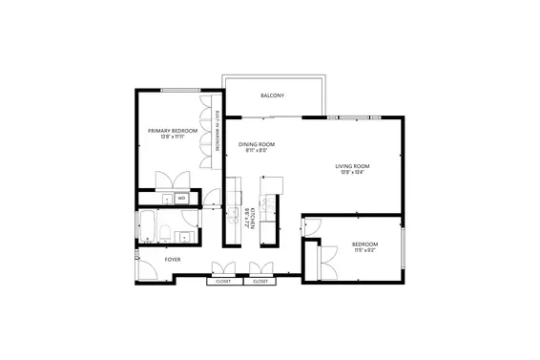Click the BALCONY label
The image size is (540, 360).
273,95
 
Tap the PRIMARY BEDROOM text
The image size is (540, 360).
173,130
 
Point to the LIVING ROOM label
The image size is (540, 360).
352,166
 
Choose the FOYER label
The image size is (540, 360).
173,259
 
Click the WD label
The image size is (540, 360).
180,199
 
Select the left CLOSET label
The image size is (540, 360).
223,282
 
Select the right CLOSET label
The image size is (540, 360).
260,282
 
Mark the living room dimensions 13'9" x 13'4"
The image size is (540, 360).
352,173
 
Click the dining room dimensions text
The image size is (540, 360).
257,150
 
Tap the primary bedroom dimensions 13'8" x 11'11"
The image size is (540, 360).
173,137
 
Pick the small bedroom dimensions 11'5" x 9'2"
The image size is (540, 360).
364,250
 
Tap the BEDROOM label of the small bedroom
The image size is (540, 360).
364,244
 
